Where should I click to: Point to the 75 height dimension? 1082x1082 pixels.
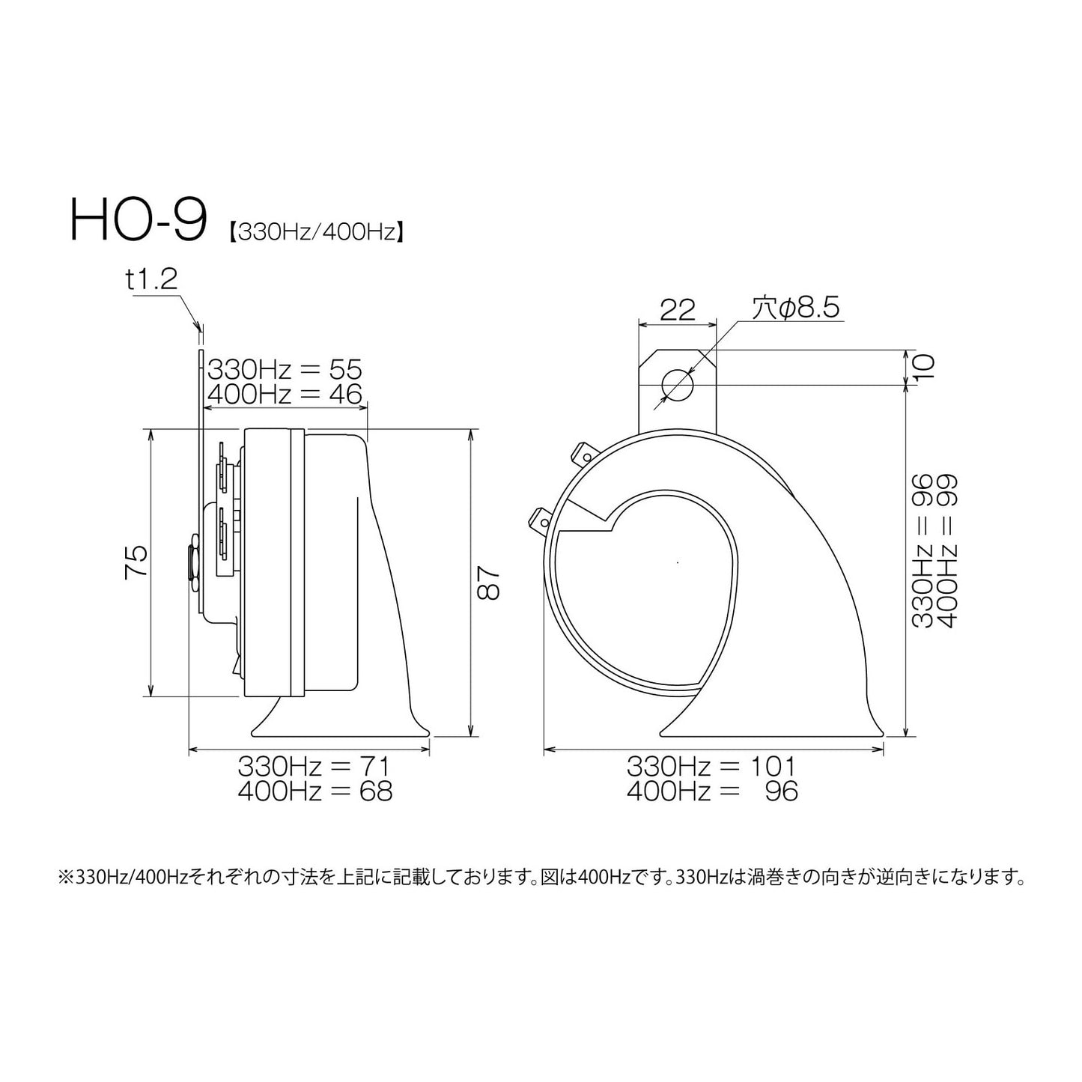coord(137,562)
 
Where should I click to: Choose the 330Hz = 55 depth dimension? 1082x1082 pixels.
coord(285,369)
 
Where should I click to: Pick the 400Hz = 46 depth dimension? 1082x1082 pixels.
coord(285,394)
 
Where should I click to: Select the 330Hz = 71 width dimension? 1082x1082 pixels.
coord(314,766)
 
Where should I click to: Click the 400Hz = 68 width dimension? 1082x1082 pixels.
coord(314,791)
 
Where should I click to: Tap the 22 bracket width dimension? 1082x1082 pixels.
coord(678,309)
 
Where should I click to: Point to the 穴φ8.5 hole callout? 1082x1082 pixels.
coord(795,309)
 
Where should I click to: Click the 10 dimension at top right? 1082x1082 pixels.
coord(924,367)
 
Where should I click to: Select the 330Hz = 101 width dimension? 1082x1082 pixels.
coord(711,766)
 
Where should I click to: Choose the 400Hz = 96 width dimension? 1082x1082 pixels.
coord(711,791)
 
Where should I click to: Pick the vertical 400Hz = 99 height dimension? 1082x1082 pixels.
coord(946,550)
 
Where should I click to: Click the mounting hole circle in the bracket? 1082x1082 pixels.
coord(678,385)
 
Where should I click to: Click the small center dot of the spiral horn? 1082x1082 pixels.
coord(677,562)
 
